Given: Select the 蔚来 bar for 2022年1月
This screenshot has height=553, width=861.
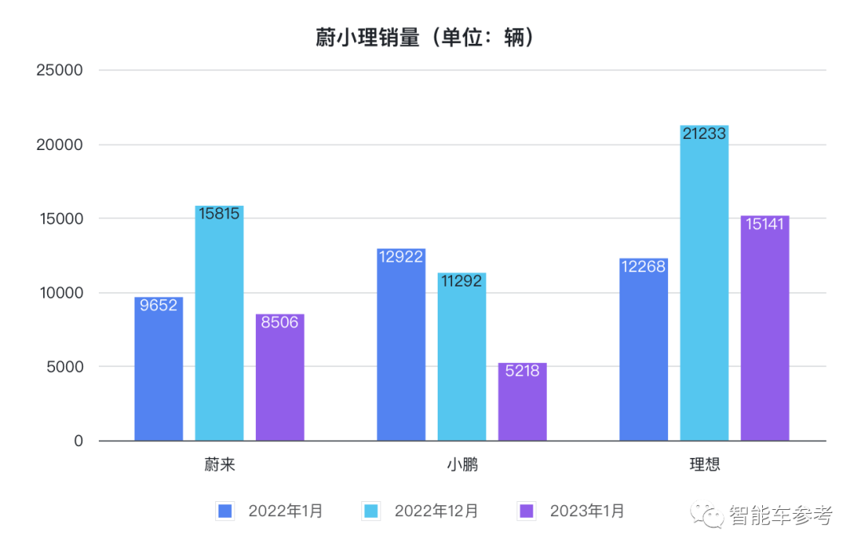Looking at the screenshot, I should click(159, 369).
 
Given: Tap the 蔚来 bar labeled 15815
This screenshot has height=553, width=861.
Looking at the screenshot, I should click(219, 323).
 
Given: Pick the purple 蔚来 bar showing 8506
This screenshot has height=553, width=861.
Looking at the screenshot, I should click(280, 377).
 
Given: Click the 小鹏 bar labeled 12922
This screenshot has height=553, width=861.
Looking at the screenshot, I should click(401, 345).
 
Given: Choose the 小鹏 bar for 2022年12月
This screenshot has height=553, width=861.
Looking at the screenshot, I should click(462, 357).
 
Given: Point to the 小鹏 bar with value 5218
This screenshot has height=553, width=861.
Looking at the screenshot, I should click(522, 401).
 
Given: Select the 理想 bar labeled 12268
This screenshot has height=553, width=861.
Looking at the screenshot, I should click(643, 350).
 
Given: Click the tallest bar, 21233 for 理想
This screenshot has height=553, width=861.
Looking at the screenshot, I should click(704, 283).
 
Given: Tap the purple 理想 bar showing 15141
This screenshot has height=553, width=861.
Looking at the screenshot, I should click(765, 328).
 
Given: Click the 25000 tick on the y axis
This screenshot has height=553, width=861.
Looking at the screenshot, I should click(60, 70).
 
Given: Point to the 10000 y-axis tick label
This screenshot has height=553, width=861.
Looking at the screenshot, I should click(60, 293).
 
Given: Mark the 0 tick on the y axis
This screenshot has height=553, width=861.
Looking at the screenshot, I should click(78, 440).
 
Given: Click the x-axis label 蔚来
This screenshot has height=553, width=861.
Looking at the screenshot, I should click(219, 464).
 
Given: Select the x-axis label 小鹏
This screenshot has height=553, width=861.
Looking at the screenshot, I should click(462, 464).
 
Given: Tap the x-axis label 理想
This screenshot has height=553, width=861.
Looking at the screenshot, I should click(704, 464).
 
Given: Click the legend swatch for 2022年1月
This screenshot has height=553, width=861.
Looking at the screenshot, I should click(226, 512).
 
